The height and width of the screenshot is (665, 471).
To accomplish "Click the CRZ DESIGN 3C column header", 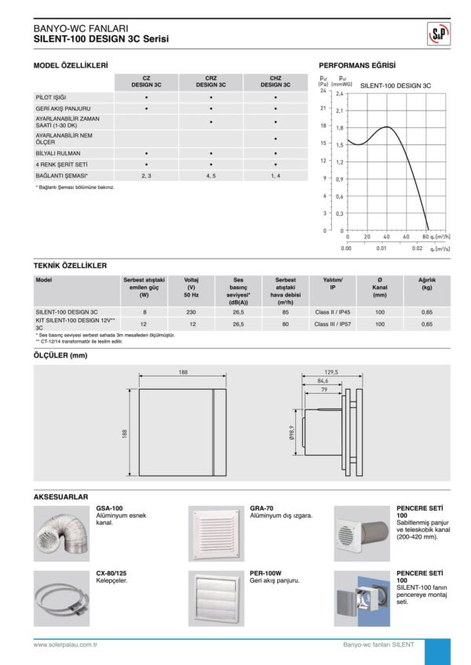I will (211, 82).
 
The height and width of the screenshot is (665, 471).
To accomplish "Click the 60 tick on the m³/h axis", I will (407, 236).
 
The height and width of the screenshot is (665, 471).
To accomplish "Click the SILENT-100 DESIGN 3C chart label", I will (396, 84).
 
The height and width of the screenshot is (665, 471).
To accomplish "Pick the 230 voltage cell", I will (192, 311).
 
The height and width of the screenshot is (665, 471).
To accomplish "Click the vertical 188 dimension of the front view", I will (125, 433).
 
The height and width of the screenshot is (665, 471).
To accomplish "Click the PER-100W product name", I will (265, 574).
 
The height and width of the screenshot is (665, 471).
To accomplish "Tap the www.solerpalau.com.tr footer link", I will (65, 645).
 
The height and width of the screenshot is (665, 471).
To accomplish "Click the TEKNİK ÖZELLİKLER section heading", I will (71, 266).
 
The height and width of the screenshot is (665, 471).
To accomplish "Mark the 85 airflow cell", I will (286, 311).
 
